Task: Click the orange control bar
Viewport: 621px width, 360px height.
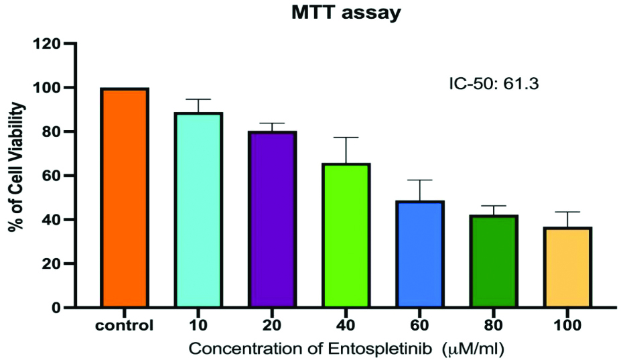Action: tap(124, 198)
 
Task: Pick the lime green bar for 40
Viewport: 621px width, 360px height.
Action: tap(346, 235)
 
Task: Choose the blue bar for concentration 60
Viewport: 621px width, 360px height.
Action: tap(420, 254)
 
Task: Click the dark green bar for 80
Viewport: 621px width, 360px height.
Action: tap(494, 261)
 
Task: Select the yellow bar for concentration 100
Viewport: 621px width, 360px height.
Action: tap(567, 267)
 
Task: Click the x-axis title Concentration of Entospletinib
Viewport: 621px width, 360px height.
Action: tap(345, 349)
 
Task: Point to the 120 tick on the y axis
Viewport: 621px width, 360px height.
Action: tap(49, 44)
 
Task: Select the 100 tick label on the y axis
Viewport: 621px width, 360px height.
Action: tap(49, 88)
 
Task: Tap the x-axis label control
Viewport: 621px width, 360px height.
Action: tap(124, 326)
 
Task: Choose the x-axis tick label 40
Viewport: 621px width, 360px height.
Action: tap(346, 326)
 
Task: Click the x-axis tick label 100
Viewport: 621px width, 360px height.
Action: tap(567, 326)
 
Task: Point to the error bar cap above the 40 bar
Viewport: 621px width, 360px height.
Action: tap(346, 137)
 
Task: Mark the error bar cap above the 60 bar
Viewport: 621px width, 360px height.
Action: tap(420, 180)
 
